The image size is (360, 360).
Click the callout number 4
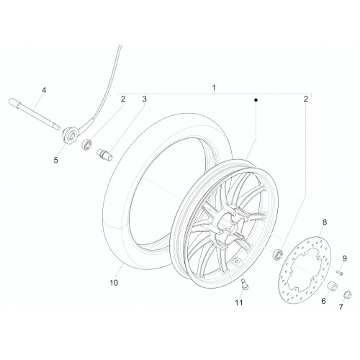click(x=44, y=90)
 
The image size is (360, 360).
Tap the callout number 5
click(x=56, y=160)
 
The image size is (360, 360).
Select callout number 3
click(x=144, y=99)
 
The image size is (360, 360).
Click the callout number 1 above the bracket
click(x=214, y=88)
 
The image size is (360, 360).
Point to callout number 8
click(x=325, y=222)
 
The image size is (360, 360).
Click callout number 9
click(x=344, y=258)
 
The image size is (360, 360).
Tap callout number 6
click(x=323, y=301)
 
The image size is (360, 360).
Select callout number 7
click(x=341, y=307)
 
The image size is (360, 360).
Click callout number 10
click(x=114, y=283)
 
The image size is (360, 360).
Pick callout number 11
click(x=239, y=303)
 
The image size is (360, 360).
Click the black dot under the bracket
click(x=256, y=100)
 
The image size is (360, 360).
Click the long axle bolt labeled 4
click(x=34, y=114)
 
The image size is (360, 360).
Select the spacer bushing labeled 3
click(x=104, y=154)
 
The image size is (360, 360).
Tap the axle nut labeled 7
click(x=347, y=294)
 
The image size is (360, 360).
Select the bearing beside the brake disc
click(x=278, y=254)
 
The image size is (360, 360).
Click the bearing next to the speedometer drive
click(x=86, y=145)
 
